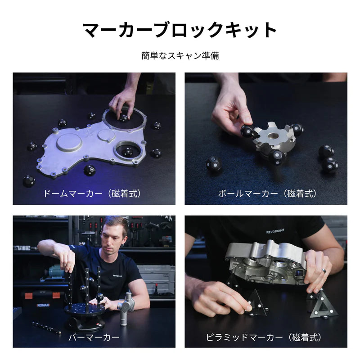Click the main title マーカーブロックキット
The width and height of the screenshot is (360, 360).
(x=180, y=30)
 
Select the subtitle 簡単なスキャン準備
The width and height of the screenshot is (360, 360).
(x=180, y=56)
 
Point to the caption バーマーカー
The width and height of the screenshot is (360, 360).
(x=94, y=337)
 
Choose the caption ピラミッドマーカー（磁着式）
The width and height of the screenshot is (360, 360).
(x=267, y=337)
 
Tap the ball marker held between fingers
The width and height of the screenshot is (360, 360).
(x=247, y=131)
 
